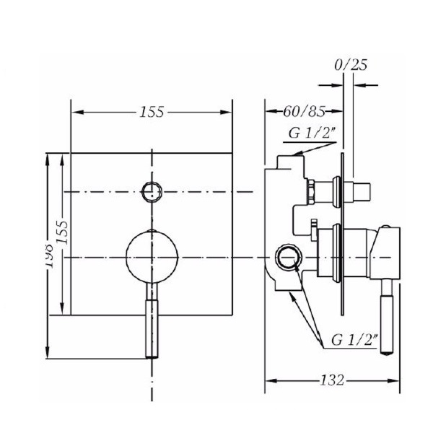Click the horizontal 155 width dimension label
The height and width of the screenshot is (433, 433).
(152, 112)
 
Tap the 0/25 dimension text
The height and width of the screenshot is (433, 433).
(351, 66)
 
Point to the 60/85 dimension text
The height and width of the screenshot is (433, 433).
(305, 112)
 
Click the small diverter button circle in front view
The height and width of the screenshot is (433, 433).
(152, 191)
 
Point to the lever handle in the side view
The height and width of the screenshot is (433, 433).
(388, 318)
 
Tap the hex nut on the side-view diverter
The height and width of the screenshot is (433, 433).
(309, 191)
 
